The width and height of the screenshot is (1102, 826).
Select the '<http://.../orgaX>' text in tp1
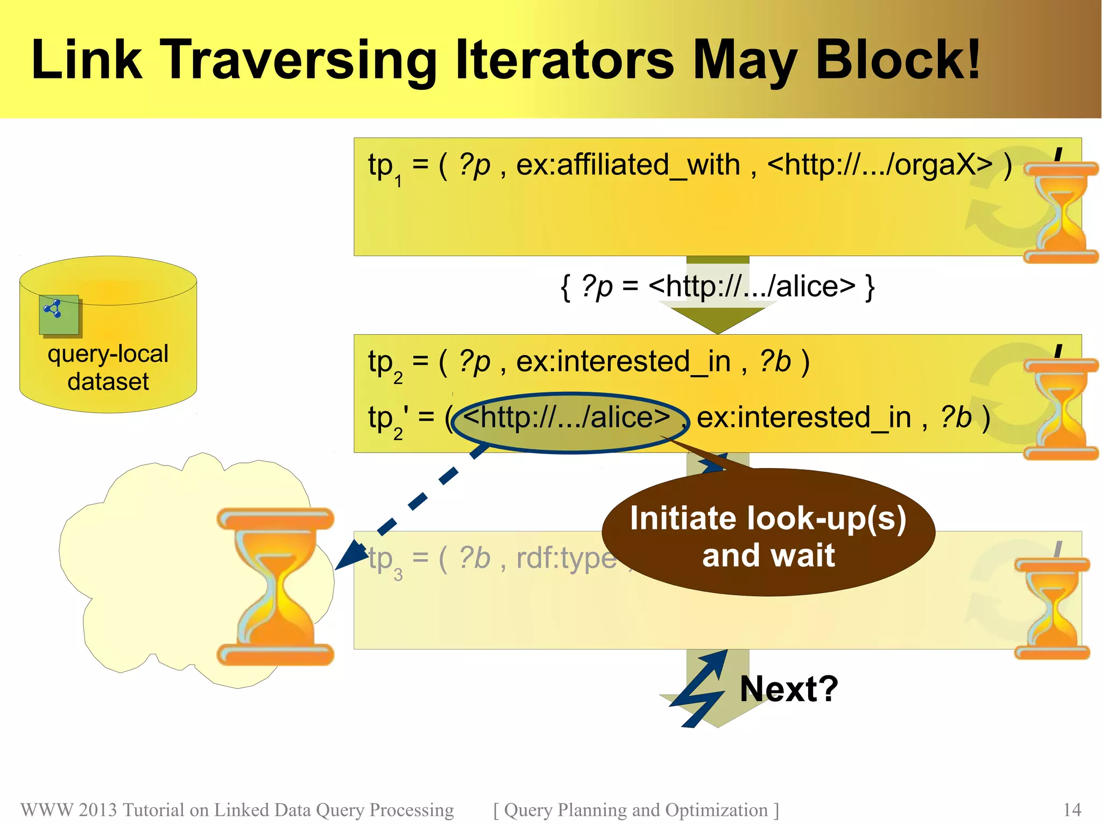point(879,165)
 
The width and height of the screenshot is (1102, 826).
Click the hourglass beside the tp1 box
point(1060,213)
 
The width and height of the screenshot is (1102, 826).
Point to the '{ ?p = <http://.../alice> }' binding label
point(717,286)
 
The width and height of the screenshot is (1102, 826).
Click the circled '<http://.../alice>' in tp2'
point(568,418)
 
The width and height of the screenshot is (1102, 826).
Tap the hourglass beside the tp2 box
point(1060,409)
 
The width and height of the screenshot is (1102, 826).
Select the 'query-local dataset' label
point(108,368)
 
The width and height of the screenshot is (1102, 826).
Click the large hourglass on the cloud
point(275,587)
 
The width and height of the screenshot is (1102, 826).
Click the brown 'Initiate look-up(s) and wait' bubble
point(768,535)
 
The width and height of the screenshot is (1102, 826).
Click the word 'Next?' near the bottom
point(789,689)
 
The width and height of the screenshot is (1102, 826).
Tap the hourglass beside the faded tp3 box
point(1051,608)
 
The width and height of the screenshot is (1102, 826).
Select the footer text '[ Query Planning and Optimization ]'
point(635,810)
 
